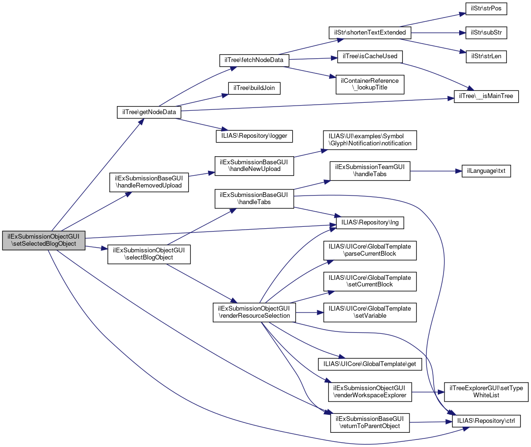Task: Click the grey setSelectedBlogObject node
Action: point(44,241)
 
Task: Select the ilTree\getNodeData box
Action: point(149,112)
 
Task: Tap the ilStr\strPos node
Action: point(486,9)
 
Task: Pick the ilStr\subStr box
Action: point(486,33)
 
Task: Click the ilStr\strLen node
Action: point(486,56)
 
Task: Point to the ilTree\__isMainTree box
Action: point(486,96)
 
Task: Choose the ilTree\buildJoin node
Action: point(254,88)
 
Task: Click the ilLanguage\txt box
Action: point(486,171)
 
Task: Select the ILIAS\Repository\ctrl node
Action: point(486,421)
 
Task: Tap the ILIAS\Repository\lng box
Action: point(370,223)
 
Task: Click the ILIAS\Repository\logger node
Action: point(254,136)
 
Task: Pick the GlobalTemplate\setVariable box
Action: point(370,313)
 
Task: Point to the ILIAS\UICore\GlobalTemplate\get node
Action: point(370,364)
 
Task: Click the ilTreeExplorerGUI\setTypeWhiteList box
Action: point(486,392)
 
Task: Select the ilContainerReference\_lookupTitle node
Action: point(370,84)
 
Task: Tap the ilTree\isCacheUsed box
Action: point(370,56)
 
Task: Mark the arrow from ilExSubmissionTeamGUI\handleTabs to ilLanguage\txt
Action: point(436,171)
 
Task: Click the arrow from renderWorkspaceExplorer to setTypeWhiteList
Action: point(428,392)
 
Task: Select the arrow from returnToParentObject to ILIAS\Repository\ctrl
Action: point(431,422)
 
